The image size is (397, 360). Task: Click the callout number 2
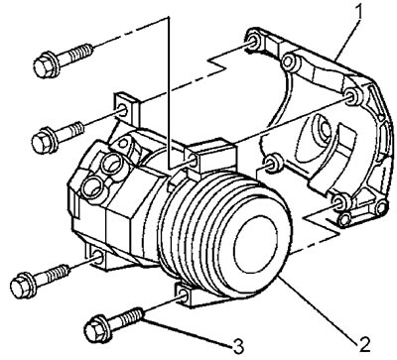pos(363,344)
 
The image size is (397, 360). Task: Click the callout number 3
pos(238,346)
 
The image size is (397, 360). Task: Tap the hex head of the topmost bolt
pos(44,64)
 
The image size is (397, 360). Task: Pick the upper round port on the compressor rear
pos(111,165)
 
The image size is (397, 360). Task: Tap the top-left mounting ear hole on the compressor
pos(123,110)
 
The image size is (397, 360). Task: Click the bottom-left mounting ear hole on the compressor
pos(98,256)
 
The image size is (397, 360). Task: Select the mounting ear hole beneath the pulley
pos(185,296)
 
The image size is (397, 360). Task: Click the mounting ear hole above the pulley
pos(194,161)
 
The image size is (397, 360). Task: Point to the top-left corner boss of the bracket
pos(255,41)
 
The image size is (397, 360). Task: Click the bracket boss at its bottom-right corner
pos(380,207)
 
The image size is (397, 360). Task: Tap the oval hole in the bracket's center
pos(323,129)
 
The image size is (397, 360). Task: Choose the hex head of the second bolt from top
pos(42,141)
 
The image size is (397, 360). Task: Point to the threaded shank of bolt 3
pos(126,316)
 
